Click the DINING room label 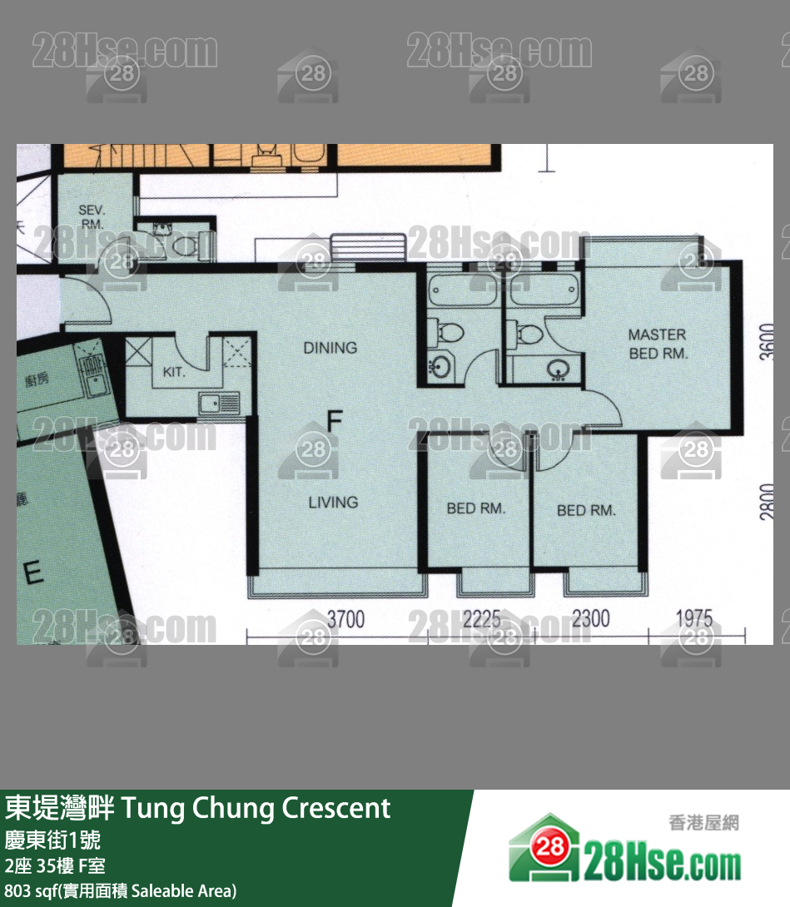(330, 348)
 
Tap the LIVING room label (333, 502)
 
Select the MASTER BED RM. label (657, 344)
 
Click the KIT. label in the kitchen (174, 372)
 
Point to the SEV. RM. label (92, 217)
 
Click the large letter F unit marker (334, 421)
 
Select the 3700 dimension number (345, 619)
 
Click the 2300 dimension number (590, 619)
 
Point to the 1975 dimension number (693, 619)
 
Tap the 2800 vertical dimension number (767, 502)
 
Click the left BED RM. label (475, 508)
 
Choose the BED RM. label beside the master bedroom (586, 510)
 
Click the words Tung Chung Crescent (256, 808)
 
